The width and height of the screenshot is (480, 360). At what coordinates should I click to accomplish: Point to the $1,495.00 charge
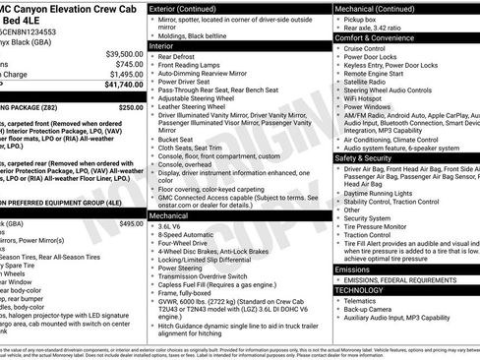point(126,74)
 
